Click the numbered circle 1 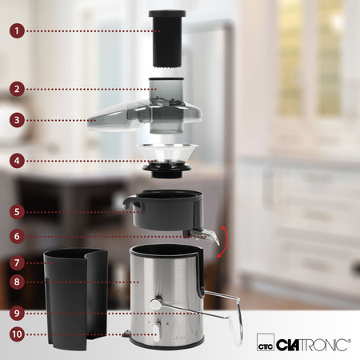[x=17, y=31]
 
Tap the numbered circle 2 [x=17, y=89]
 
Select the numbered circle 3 [x=17, y=120]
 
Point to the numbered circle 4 [x=17, y=161]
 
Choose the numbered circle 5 [x=17, y=212]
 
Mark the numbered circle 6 [x=17, y=236]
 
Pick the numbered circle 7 [x=17, y=262]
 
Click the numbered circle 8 [x=17, y=282]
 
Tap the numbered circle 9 [x=17, y=313]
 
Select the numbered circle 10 [x=17, y=334]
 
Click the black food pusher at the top [x=167, y=38]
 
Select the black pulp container [x=75, y=298]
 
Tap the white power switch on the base [x=156, y=332]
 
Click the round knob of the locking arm [x=155, y=304]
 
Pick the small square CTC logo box [x=266, y=342]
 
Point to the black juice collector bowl [x=163, y=210]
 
